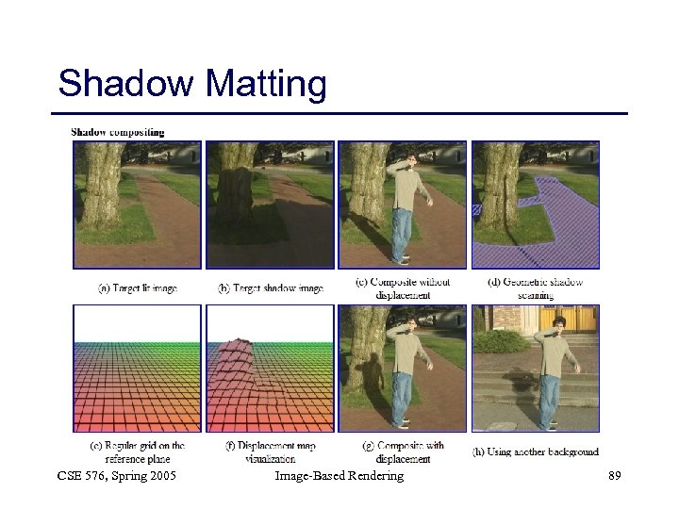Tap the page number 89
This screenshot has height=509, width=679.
(614, 476)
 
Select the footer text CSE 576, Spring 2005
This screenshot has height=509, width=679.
(117, 476)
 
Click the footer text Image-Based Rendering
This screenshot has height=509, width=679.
(339, 476)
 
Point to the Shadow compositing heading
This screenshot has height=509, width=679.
(117, 132)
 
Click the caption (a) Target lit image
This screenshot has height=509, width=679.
(137, 287)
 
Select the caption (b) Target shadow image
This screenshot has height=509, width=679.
(270, 287)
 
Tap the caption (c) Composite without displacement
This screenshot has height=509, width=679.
(403, 287)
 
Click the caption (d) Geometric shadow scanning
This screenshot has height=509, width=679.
(536, 287)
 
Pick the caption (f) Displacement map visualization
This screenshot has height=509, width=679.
(270, 452)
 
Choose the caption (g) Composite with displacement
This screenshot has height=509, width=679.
(403, 452)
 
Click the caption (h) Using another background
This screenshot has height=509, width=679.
(536, 452)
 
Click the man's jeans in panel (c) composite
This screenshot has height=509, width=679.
(402, 232)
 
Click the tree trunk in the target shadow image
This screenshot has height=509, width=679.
(236, 184)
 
